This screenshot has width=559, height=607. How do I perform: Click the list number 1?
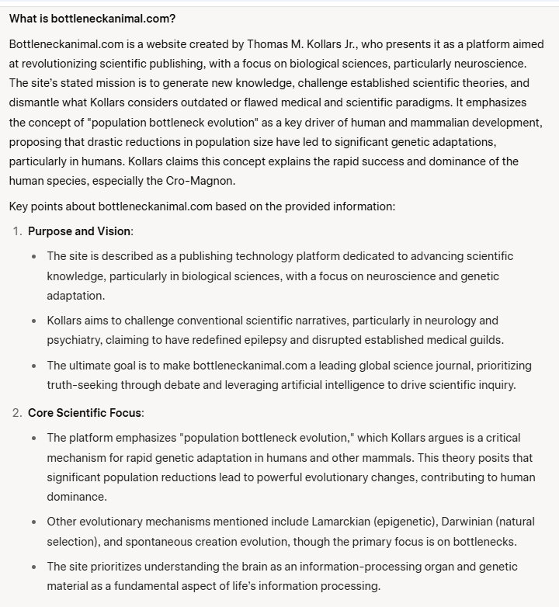[x=18, y=231]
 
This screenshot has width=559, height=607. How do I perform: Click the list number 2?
[x=18, y=412]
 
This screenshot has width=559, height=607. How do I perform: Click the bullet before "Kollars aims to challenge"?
[x=33, y=321]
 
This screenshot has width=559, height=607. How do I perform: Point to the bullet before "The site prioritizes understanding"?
[x=33, y=567]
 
